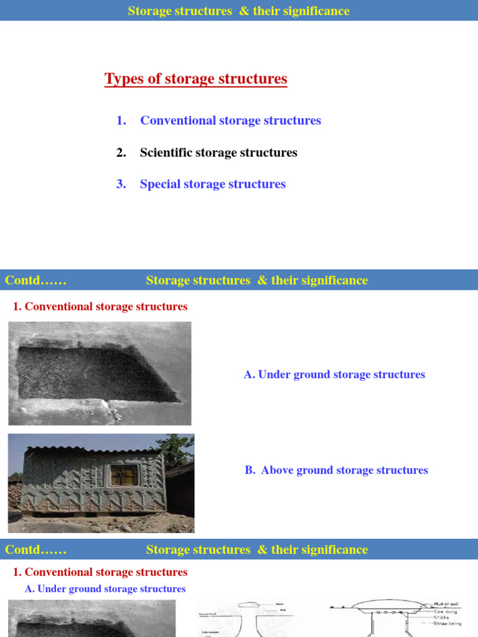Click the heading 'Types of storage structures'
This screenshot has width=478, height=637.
coord(195,79)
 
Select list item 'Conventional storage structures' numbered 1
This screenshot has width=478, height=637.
coord(230,121)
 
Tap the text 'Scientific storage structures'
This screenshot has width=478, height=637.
coord(218,152)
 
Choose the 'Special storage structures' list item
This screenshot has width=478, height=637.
coord(212,184)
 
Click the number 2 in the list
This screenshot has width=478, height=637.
coord(121,152)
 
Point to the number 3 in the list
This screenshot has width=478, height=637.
coord(121,184)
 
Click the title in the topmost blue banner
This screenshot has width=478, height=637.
coord(238,11)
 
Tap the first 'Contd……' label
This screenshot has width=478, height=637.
coord(35,281)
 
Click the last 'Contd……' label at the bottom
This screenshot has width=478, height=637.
coord(35,550)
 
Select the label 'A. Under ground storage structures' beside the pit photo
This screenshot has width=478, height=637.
coord(334,374)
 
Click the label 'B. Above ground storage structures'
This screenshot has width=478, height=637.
coord(336,470)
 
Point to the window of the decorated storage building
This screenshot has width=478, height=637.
coord(123,476)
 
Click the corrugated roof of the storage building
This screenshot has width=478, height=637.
coord(93,449)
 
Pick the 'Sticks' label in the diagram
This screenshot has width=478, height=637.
coord(441,617)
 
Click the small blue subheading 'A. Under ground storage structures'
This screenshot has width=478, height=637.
coord(105,589)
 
